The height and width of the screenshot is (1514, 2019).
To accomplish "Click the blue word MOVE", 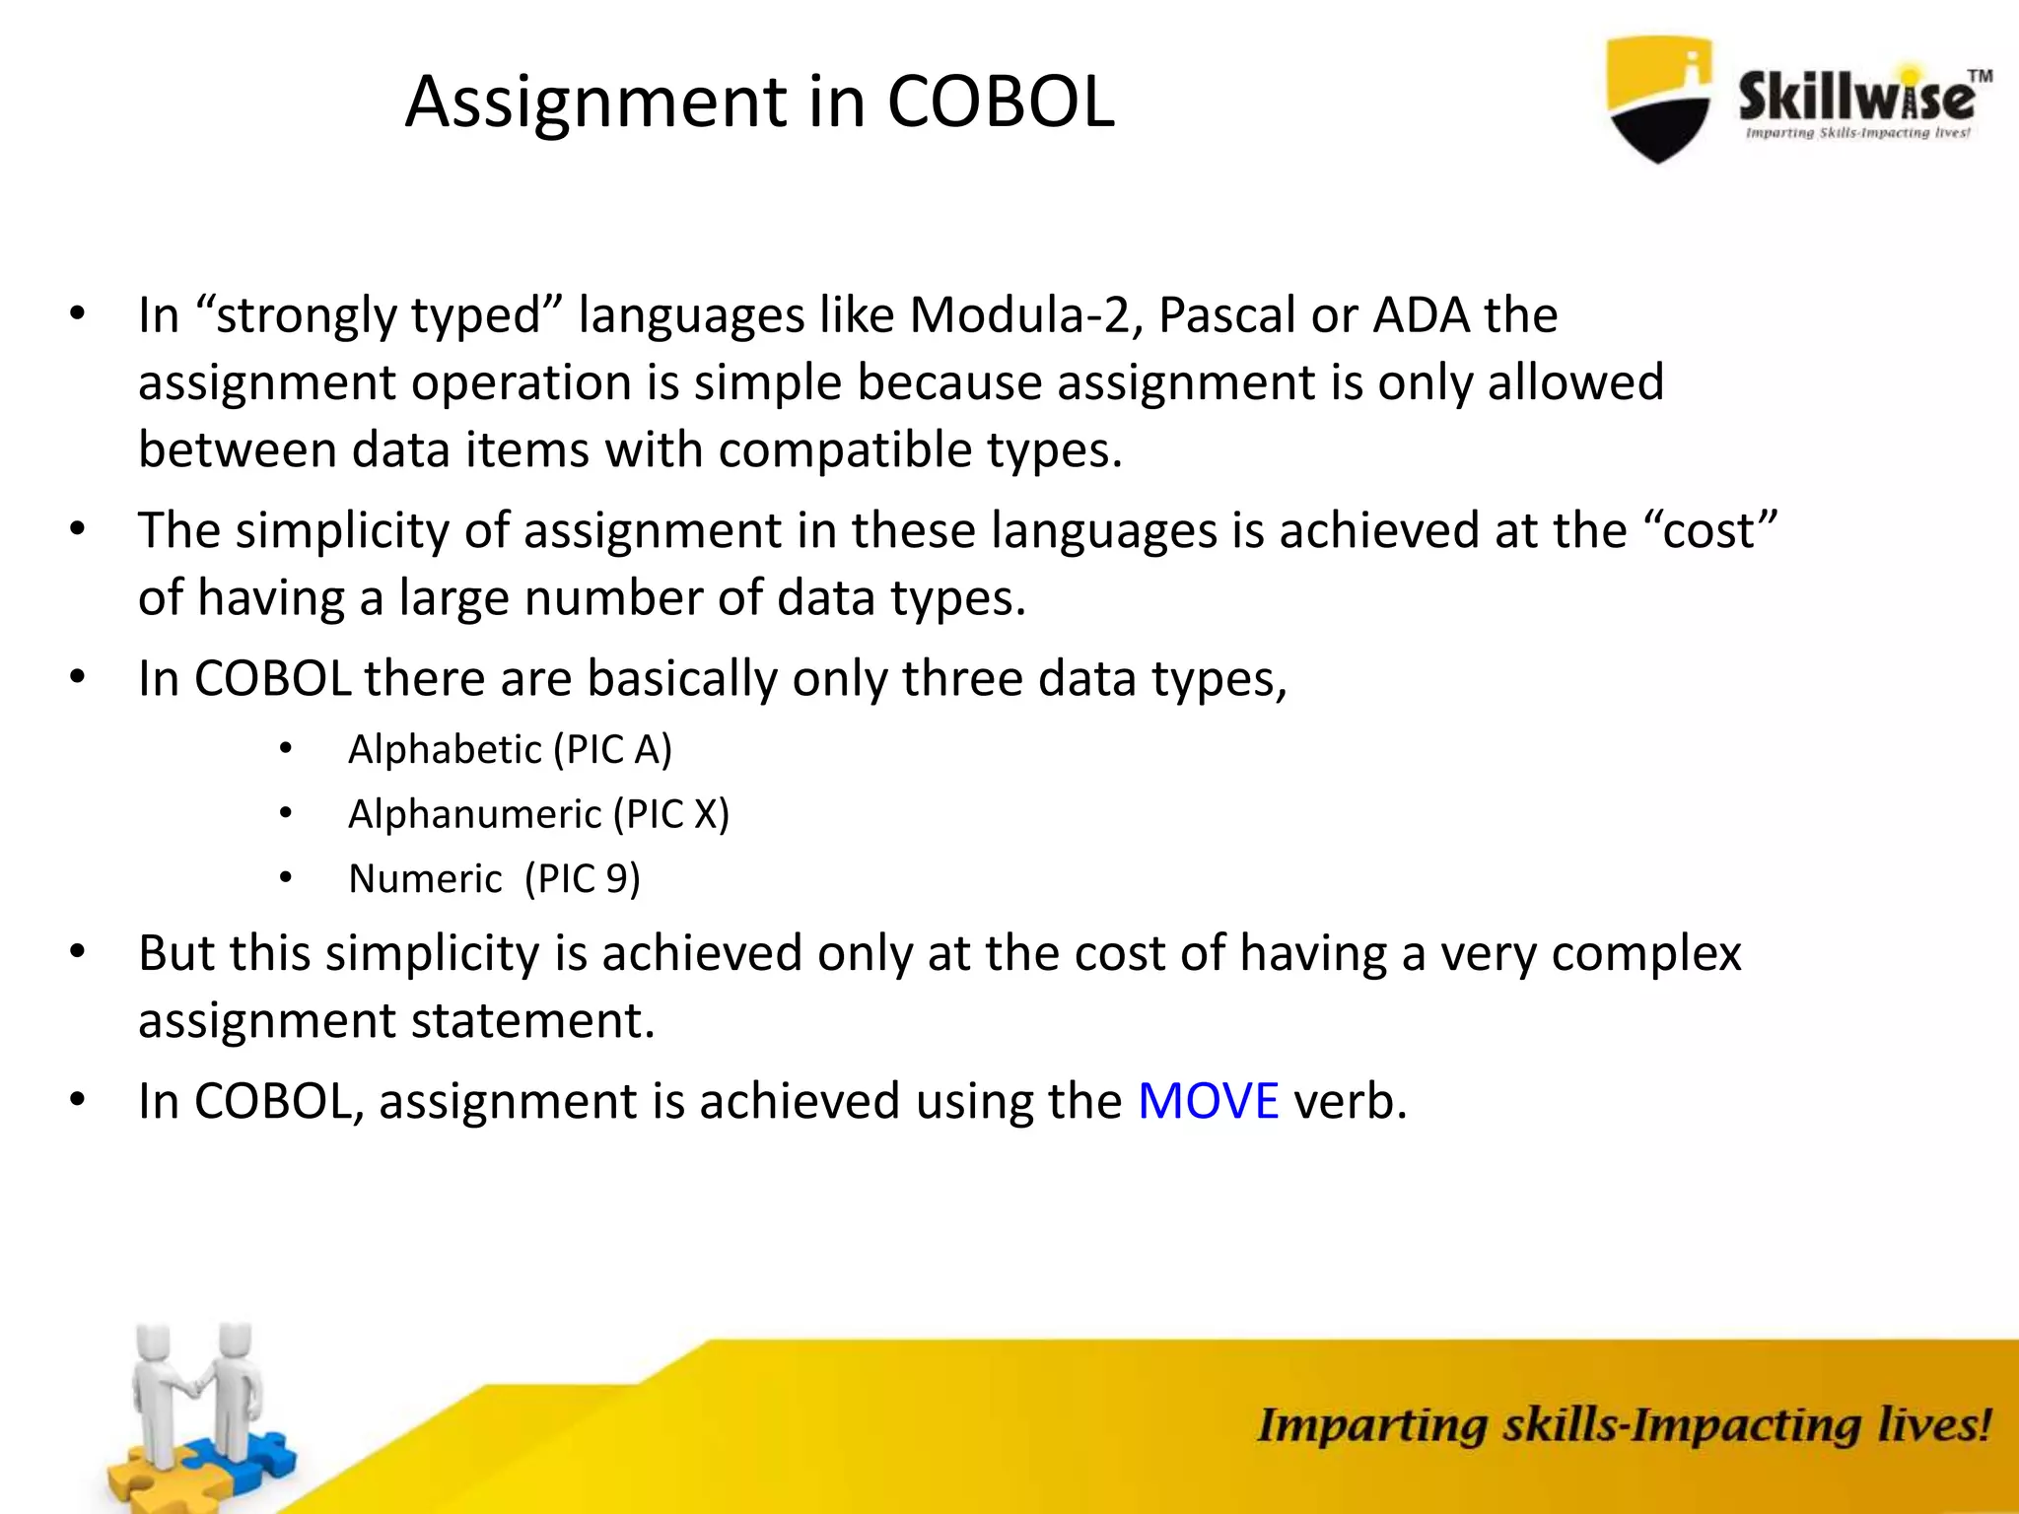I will click(1208, 1101).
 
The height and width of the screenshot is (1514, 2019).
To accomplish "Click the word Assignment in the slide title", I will click(595, 103).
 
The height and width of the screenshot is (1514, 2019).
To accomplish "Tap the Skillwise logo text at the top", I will click(1857, 99).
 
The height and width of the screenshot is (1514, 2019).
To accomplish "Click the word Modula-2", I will click(1025, 316).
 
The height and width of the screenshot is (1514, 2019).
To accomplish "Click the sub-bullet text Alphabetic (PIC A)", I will click(510, 750).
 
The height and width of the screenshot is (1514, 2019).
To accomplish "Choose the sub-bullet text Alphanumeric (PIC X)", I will click(538, 815).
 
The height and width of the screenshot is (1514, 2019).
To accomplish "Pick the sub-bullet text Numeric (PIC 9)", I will click(494, 879).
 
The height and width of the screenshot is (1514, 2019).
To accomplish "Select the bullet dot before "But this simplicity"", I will click(78, 953).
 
